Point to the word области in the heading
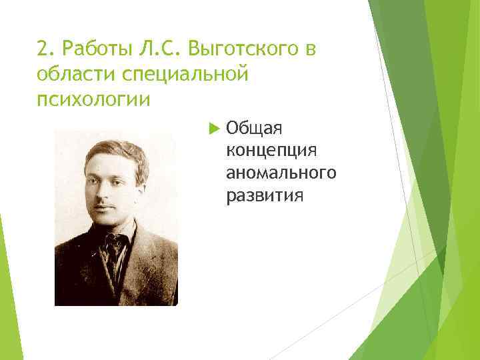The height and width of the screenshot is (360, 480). pyautogui.click(x=70, y=74)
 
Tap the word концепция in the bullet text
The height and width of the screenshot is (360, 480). pyautogui.click(x=270, y=151)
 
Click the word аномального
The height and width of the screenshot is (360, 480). pyautogui.click(x=281, y=173)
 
